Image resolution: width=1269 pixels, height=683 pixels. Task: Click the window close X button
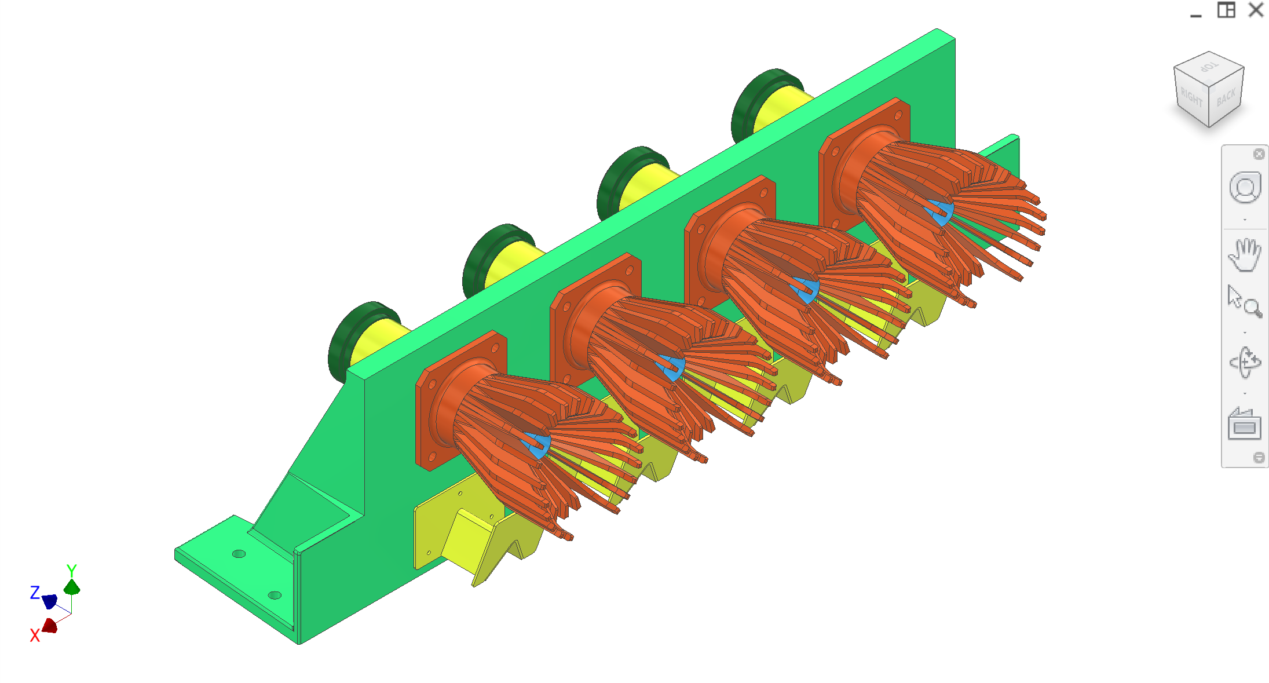point(1256,10)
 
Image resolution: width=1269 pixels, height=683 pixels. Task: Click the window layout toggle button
point(1226,10)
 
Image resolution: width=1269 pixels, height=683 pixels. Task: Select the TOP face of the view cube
point(1209,67)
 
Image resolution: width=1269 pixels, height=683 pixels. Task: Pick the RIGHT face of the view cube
point(1191,97)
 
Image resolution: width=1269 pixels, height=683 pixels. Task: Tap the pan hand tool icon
point(1244,254)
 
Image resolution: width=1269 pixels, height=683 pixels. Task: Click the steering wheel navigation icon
point(1245,187)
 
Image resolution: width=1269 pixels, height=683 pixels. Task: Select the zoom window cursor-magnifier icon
point(1244,301)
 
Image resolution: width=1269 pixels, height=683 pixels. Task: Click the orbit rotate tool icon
point(1244,363)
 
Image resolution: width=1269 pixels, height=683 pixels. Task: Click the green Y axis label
point(71,570)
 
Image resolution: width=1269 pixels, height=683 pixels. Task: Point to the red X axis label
point(35,636)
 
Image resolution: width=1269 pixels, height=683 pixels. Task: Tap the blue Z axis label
point(35,593)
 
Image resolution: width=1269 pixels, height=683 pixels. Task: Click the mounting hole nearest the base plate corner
point(275,595)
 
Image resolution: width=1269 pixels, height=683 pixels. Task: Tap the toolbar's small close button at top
point(1259,154)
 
